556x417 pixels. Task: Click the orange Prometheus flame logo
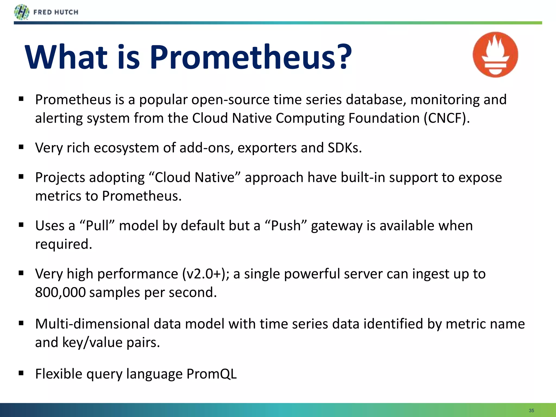point(495,55)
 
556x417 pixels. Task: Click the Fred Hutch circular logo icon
point(21,12)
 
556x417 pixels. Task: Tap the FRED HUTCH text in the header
point(56,12)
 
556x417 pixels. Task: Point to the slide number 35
point(531,410)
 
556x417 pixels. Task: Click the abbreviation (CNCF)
point(447,118)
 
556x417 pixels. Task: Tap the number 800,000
point(60,292)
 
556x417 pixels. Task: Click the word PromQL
point(211,374)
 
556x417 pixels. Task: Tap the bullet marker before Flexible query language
point(21,373)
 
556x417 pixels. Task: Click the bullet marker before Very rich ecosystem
point(21,147)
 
